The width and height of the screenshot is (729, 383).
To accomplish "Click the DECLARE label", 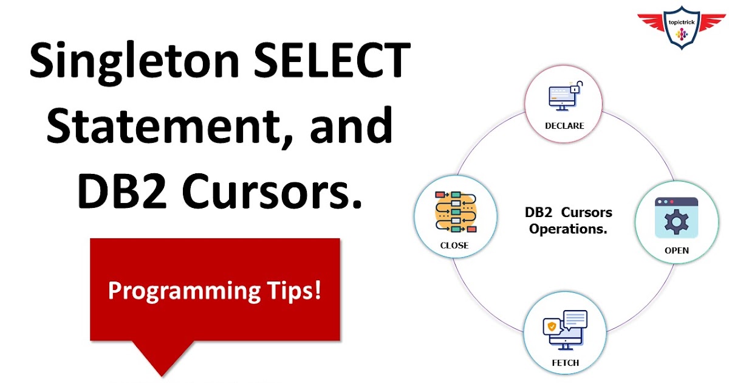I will [564, 126].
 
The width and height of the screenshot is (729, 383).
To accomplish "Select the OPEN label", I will [676, 250].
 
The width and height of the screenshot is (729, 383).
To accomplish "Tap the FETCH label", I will [565, 363].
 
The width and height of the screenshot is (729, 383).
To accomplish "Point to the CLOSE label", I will [454, 246].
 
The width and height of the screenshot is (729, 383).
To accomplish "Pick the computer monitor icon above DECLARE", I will [560, 97].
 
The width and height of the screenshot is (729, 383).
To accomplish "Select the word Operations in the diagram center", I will [568, 229].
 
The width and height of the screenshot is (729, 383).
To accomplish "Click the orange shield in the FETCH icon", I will [552, 327].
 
